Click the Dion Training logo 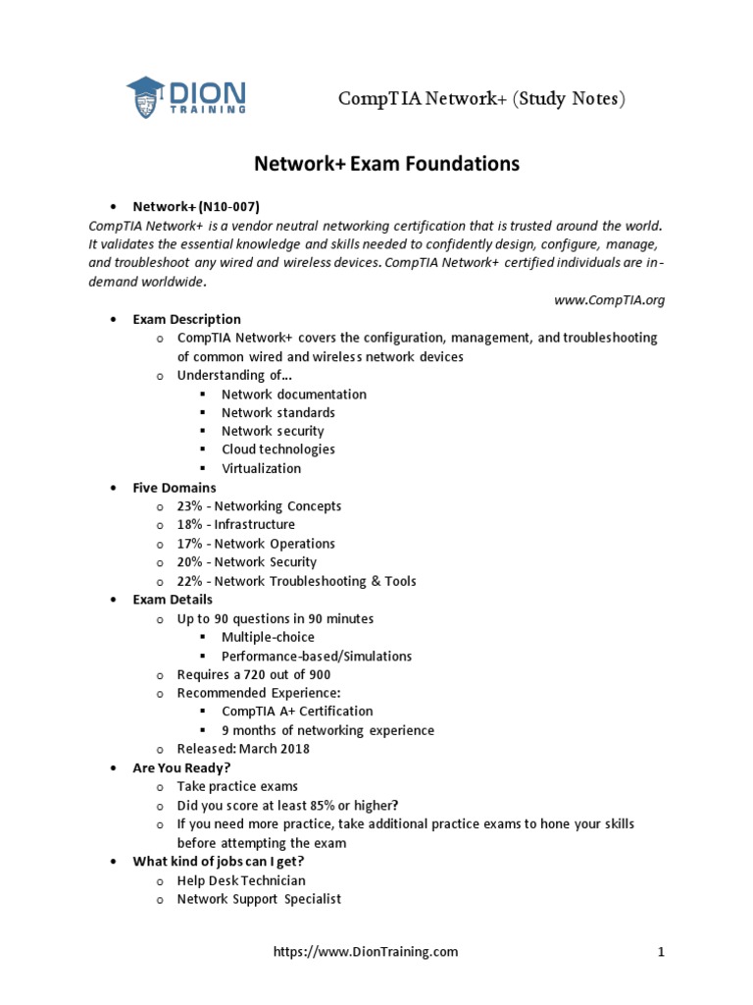pos(186,97)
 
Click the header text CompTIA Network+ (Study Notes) pos(481,99)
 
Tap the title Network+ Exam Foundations pos(387,163)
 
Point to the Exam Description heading pos(186,319)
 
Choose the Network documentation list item pos(293,394)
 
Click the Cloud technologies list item pos(277,450)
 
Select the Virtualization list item pos(261,468)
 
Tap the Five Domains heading pos(175,487)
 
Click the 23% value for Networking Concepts pos(190,506)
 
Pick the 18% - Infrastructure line pos(235,525)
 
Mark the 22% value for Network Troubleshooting pos(190,581)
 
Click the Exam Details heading pos(173,600)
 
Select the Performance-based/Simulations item pos(316,656)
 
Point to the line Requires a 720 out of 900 pos(253,675)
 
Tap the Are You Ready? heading pos(181,767)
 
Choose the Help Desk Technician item pos(241,880)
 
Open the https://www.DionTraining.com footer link pos(366,951)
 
